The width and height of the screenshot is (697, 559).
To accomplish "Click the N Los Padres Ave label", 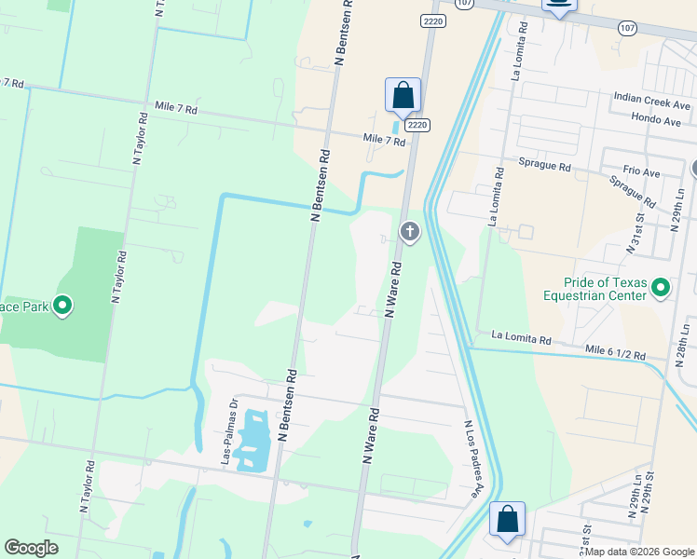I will coord(473,458).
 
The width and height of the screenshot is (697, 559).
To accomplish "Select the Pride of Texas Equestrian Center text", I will coord(605,289).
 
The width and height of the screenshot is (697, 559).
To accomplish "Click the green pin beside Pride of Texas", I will coord(661,288).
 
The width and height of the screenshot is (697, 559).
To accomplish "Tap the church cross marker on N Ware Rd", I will coord(409,231).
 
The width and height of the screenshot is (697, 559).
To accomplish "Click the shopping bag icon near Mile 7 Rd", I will coord(403,95).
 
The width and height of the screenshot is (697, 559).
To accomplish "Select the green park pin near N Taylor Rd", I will coord(62,304).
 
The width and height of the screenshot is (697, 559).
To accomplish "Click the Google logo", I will coord(31,548).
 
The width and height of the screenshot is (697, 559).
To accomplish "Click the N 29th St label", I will coord(648,528).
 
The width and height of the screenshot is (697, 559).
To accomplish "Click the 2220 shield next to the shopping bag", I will coord(417,125).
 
